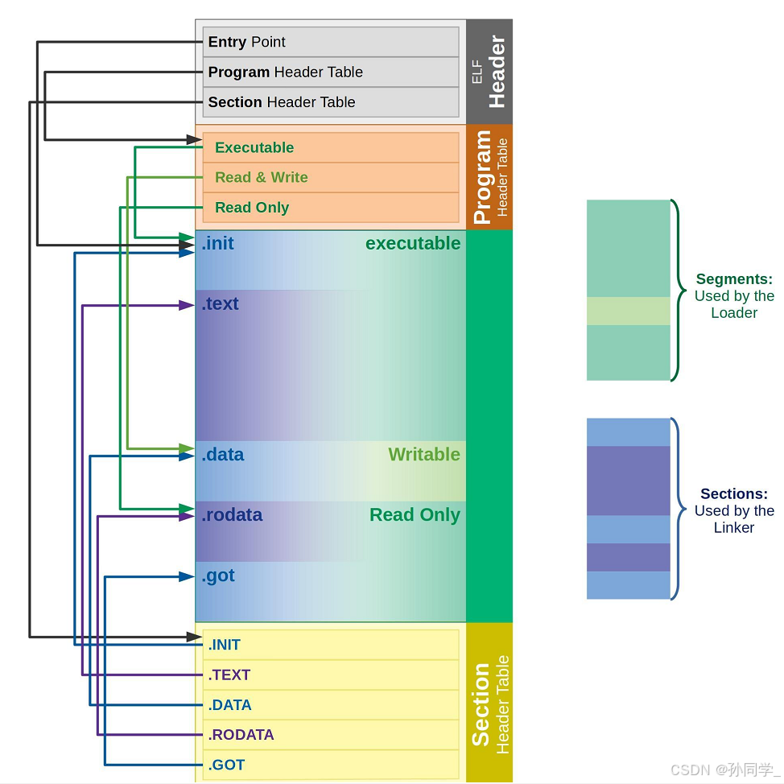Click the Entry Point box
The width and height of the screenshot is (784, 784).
click(x=330, y=42)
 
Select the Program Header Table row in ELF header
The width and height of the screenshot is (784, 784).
click(x=330, y=72)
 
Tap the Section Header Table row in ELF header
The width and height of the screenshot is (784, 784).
click(x=330, y=102)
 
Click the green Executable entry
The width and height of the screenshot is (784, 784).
click(x=254, y=147)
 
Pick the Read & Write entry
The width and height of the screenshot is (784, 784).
click(x=261, y=177)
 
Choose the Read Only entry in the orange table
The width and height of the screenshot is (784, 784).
click(x=251, y=208)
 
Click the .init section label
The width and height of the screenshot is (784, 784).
click(x=218, y=243)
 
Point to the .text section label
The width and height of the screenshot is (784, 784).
click(x=221, y=303)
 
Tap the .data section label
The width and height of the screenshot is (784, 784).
click(x=223, y=455)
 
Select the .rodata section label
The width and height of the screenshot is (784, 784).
click(x=232, y=515)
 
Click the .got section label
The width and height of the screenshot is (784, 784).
click(x=219, y=576)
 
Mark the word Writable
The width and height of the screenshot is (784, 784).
click(x=424, y=455)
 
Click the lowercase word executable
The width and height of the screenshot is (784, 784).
click(x=413, y=243)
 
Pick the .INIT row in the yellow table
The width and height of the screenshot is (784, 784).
click(x=330, y=645)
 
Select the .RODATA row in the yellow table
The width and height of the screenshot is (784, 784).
click(x=330, y=735)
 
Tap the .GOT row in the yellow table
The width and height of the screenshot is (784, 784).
click(x=330, y=765)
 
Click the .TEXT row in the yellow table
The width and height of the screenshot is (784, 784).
click(x=330, y=675)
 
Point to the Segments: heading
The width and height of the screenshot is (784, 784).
click(x=734, y=279)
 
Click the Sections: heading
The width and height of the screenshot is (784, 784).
click(x=734, y=494)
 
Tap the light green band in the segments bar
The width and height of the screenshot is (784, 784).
click(x=628, y=311)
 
